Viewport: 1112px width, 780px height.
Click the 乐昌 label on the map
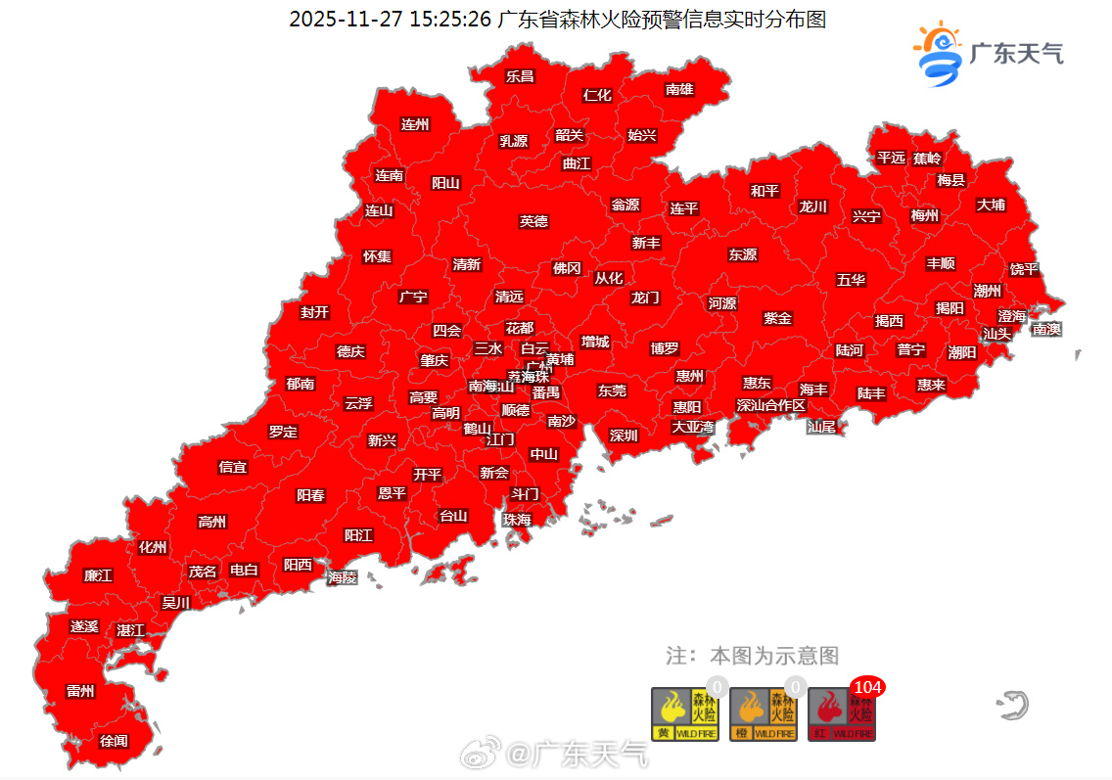click(x=520, y=75)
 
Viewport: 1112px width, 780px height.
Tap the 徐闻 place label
click(x=114, y=741)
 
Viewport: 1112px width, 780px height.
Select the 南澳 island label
click(x=1046, y=329)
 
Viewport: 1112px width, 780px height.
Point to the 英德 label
click(x=533, y=221)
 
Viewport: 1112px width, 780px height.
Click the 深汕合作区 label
click(x=771, y=405)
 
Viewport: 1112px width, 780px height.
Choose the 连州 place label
click(x=415, y=124)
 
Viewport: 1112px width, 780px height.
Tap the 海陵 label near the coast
click(x=343, y=577)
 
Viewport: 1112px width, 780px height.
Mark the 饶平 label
click(x=1024, y=269)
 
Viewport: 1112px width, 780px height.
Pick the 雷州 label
click(x=80, y=691)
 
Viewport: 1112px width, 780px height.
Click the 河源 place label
click(x=722, y=303)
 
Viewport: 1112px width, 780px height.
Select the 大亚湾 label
click(x=693, y=427)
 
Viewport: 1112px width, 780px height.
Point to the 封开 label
click(x=314, y=312)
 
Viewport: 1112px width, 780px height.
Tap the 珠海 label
click(x=517, y=520)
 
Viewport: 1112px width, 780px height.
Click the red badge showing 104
click(x=867, y=687)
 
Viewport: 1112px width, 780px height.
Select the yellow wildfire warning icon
click(x=677, y=714)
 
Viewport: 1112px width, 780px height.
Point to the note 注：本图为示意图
click(x=753, y=655)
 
